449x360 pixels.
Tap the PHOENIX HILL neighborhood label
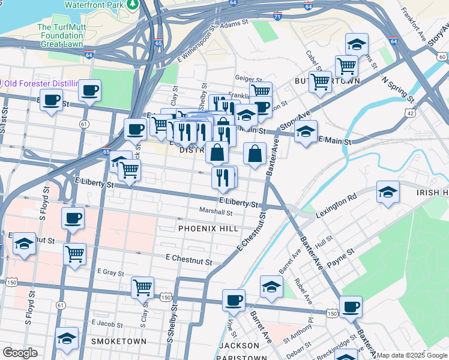click(208, 229)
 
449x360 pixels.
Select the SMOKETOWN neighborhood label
click(118, 341)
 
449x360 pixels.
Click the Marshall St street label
click(215, 212)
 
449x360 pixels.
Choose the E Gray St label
click(110, 272)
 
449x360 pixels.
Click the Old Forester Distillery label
click(40, 83)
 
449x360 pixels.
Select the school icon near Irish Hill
click(388, 191)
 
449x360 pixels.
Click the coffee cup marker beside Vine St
click(234, 300)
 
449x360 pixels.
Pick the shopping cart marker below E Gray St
click(142, 287)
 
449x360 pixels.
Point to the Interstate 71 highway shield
click(277, 16)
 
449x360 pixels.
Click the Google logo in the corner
click(20, 353)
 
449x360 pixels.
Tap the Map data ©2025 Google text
click(412, 355)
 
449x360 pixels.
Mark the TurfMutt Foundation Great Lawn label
click(60, 35)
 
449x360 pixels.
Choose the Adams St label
click(234, 23)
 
